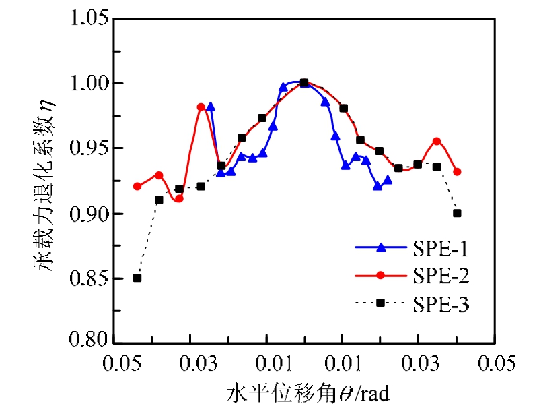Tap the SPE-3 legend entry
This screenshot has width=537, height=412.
(411, 304)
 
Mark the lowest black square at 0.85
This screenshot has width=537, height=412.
(137, 278)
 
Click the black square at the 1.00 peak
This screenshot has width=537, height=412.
(304, 83)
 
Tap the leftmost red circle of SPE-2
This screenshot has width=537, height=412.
(137, 186)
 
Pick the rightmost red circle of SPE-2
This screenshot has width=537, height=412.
(458, 171)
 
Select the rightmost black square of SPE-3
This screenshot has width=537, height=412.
(458, 213)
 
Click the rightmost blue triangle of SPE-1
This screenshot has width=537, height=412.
(388, 179)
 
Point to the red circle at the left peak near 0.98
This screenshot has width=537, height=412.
(201, 107)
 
